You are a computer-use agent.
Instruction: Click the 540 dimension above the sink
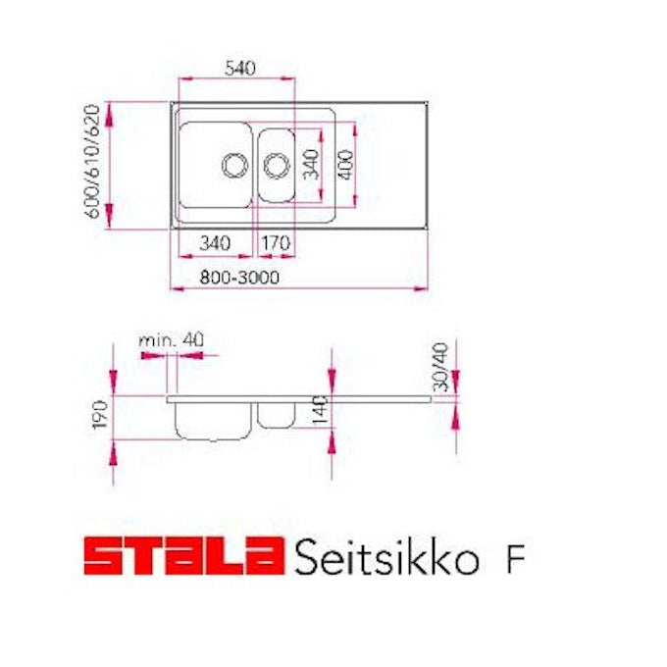pos(239,68)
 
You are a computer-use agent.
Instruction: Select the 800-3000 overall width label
pos(240,278)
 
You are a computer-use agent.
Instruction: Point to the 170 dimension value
pos(276,241)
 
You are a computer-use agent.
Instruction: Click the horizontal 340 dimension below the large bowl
pos(214,241)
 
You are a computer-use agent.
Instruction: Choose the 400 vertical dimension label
pos(343,164)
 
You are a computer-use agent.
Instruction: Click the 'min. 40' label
pos(171,338)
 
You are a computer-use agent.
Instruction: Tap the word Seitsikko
pos(385,557)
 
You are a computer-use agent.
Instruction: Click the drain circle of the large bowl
pos(233,164)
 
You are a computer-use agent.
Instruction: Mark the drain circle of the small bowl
pos(276,164)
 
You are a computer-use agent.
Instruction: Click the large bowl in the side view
pos(212,419)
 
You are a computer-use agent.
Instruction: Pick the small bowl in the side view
pos(276,414)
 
